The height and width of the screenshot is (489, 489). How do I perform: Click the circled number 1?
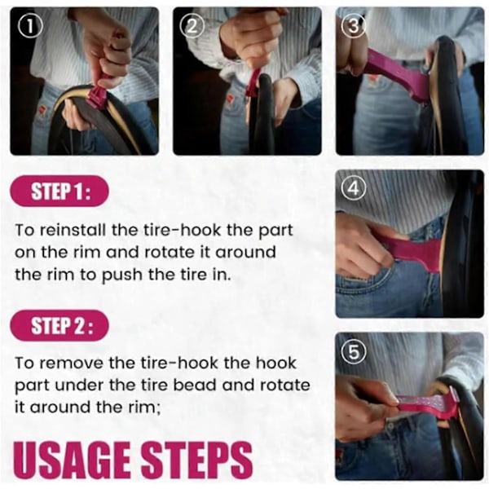tap(30, 26)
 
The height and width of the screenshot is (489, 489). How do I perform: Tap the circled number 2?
tap(192, 26)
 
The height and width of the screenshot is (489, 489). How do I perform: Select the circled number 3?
tap(353, 26)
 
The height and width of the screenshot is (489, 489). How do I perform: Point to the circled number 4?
tap(354, 188)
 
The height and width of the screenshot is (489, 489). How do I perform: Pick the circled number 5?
tap(354, 352)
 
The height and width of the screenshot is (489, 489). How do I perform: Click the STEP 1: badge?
tap(59, 191)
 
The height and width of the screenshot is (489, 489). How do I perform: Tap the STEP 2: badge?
tap(59, 325)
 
